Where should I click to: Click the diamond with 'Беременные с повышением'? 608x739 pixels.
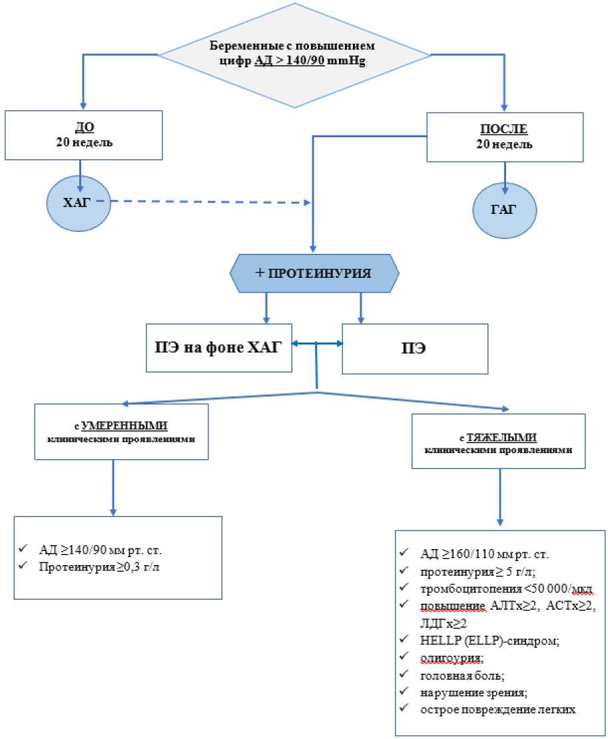click(293, 53)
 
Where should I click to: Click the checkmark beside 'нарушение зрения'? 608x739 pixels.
click(404, 692)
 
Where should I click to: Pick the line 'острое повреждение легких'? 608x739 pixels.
click(497, 709)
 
